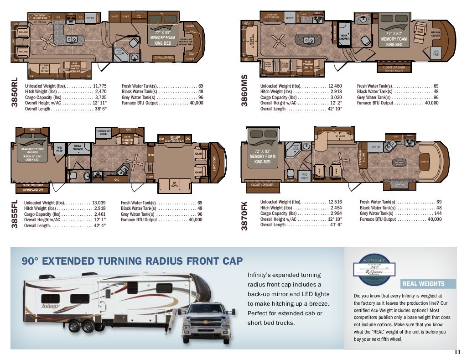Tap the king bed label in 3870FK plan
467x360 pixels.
pyautogui.click(x=263, y=157)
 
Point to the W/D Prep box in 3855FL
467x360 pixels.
pyautogui.click(x=60, y=148)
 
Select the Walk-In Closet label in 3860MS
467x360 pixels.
pyautogui.click(x=436, y=34)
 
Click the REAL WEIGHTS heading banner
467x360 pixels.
pyautogui.click(x=423, y=284)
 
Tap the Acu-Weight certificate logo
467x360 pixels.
pyautogui.click(x=374, y=270)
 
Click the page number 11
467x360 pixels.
pyautogui.click(x=457, y=351)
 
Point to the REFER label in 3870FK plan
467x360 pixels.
pyautogui.click(x=375, y=147)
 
